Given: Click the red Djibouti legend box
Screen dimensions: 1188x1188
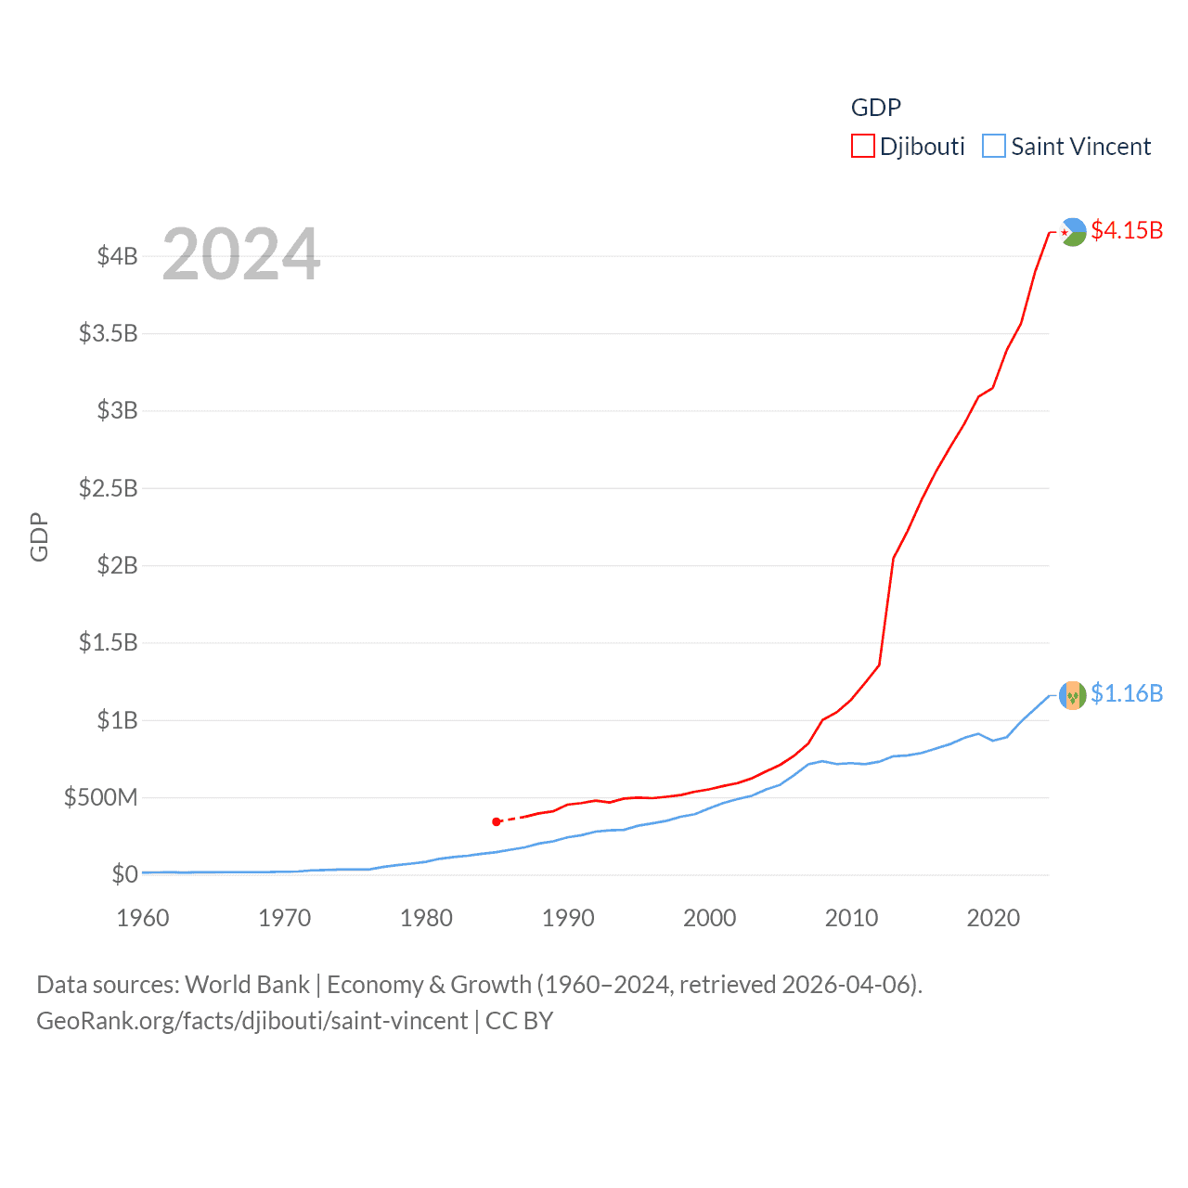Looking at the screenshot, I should point(862,147).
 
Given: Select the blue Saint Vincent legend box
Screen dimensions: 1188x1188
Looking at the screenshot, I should point(993,147).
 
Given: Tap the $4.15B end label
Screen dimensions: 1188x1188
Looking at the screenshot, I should point(1127,230).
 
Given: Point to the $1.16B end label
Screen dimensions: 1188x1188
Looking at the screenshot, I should point(1127,693).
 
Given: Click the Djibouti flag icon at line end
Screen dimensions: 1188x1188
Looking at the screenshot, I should point(1073,231).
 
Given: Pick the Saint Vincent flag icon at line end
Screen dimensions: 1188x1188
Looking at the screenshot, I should point(1073,695).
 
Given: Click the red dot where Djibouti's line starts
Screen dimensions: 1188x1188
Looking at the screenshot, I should point(497,821).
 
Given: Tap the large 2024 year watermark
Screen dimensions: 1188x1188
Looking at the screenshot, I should point(241,254).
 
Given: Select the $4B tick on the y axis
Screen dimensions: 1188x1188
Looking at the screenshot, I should point(117,256).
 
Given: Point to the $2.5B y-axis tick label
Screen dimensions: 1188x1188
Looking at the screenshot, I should point(108,488).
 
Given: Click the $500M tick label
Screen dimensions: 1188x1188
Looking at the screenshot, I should point(100,797).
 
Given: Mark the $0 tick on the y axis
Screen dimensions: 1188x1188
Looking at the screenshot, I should point(124,874).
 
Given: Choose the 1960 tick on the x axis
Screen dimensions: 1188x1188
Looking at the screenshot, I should point(143,918).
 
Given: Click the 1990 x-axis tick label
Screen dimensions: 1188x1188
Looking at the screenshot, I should point(568,918).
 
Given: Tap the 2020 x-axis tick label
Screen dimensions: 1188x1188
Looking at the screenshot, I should point(993,918).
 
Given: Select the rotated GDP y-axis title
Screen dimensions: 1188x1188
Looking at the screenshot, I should point(39,536).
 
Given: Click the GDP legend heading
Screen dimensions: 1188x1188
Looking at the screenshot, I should point(875,108).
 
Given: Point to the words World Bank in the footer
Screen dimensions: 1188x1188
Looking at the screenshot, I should point(247,984).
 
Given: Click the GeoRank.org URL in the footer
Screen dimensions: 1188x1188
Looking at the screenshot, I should point(252,1021).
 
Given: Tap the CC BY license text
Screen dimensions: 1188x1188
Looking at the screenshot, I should point(519,1021).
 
